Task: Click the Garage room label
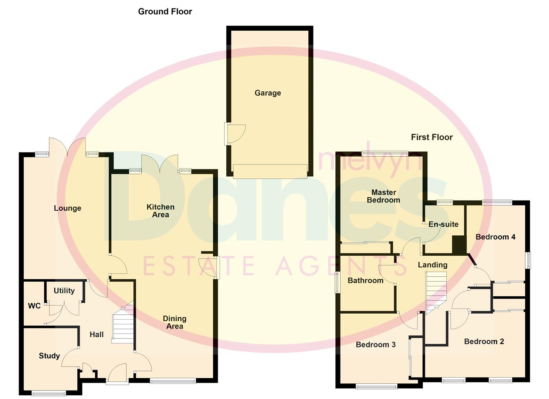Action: point(268,93)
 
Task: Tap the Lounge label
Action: point(67,208)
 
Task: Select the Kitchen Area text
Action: point(160,211)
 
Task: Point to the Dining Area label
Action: point(174,322)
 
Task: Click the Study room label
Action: point(49,356)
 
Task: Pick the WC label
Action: point(34,306)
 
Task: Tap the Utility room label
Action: point(64,291)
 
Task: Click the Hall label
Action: point(96,335)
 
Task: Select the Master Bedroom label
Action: point(384,196)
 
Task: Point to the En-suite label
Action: point(444,224)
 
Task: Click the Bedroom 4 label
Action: point(495,237)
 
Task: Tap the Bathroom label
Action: point(366,280)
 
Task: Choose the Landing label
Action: point(433,265)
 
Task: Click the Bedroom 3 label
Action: point(376,345)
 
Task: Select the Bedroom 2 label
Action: point(484,342)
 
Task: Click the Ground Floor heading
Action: point(165,11)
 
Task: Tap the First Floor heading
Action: point(432,137)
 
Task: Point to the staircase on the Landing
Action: point(436,293)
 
